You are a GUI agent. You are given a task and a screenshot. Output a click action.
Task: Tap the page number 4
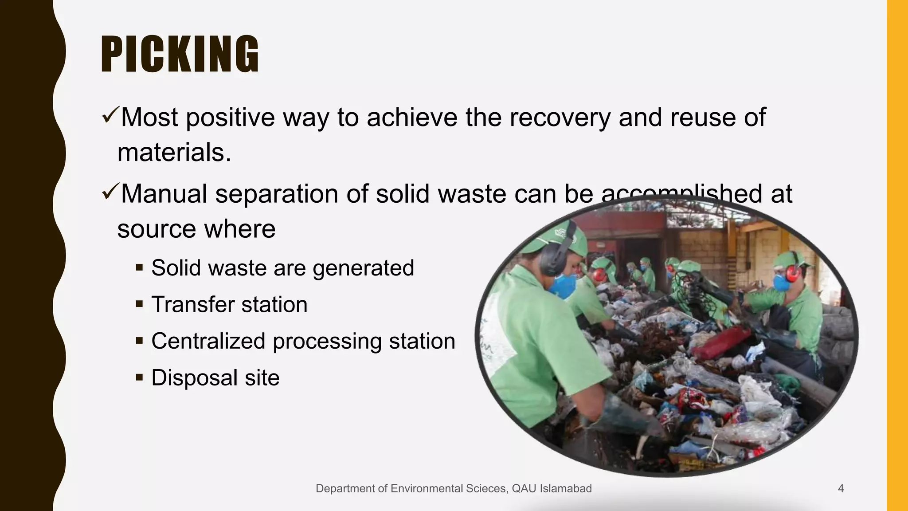click(x=841, y=489)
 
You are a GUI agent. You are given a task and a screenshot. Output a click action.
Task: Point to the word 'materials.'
click(x=174, y=153)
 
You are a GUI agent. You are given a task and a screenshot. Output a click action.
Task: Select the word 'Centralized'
click(x=208, y=341)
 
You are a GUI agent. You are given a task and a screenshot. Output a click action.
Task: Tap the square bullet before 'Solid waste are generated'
click(x=140, y=268)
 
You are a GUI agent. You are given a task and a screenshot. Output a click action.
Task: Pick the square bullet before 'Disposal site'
click(x=140, y=378)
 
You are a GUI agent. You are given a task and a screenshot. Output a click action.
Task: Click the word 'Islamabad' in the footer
click(x=565, y=489)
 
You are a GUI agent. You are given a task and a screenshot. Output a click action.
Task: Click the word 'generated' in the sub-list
click(x=363, y=269)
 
